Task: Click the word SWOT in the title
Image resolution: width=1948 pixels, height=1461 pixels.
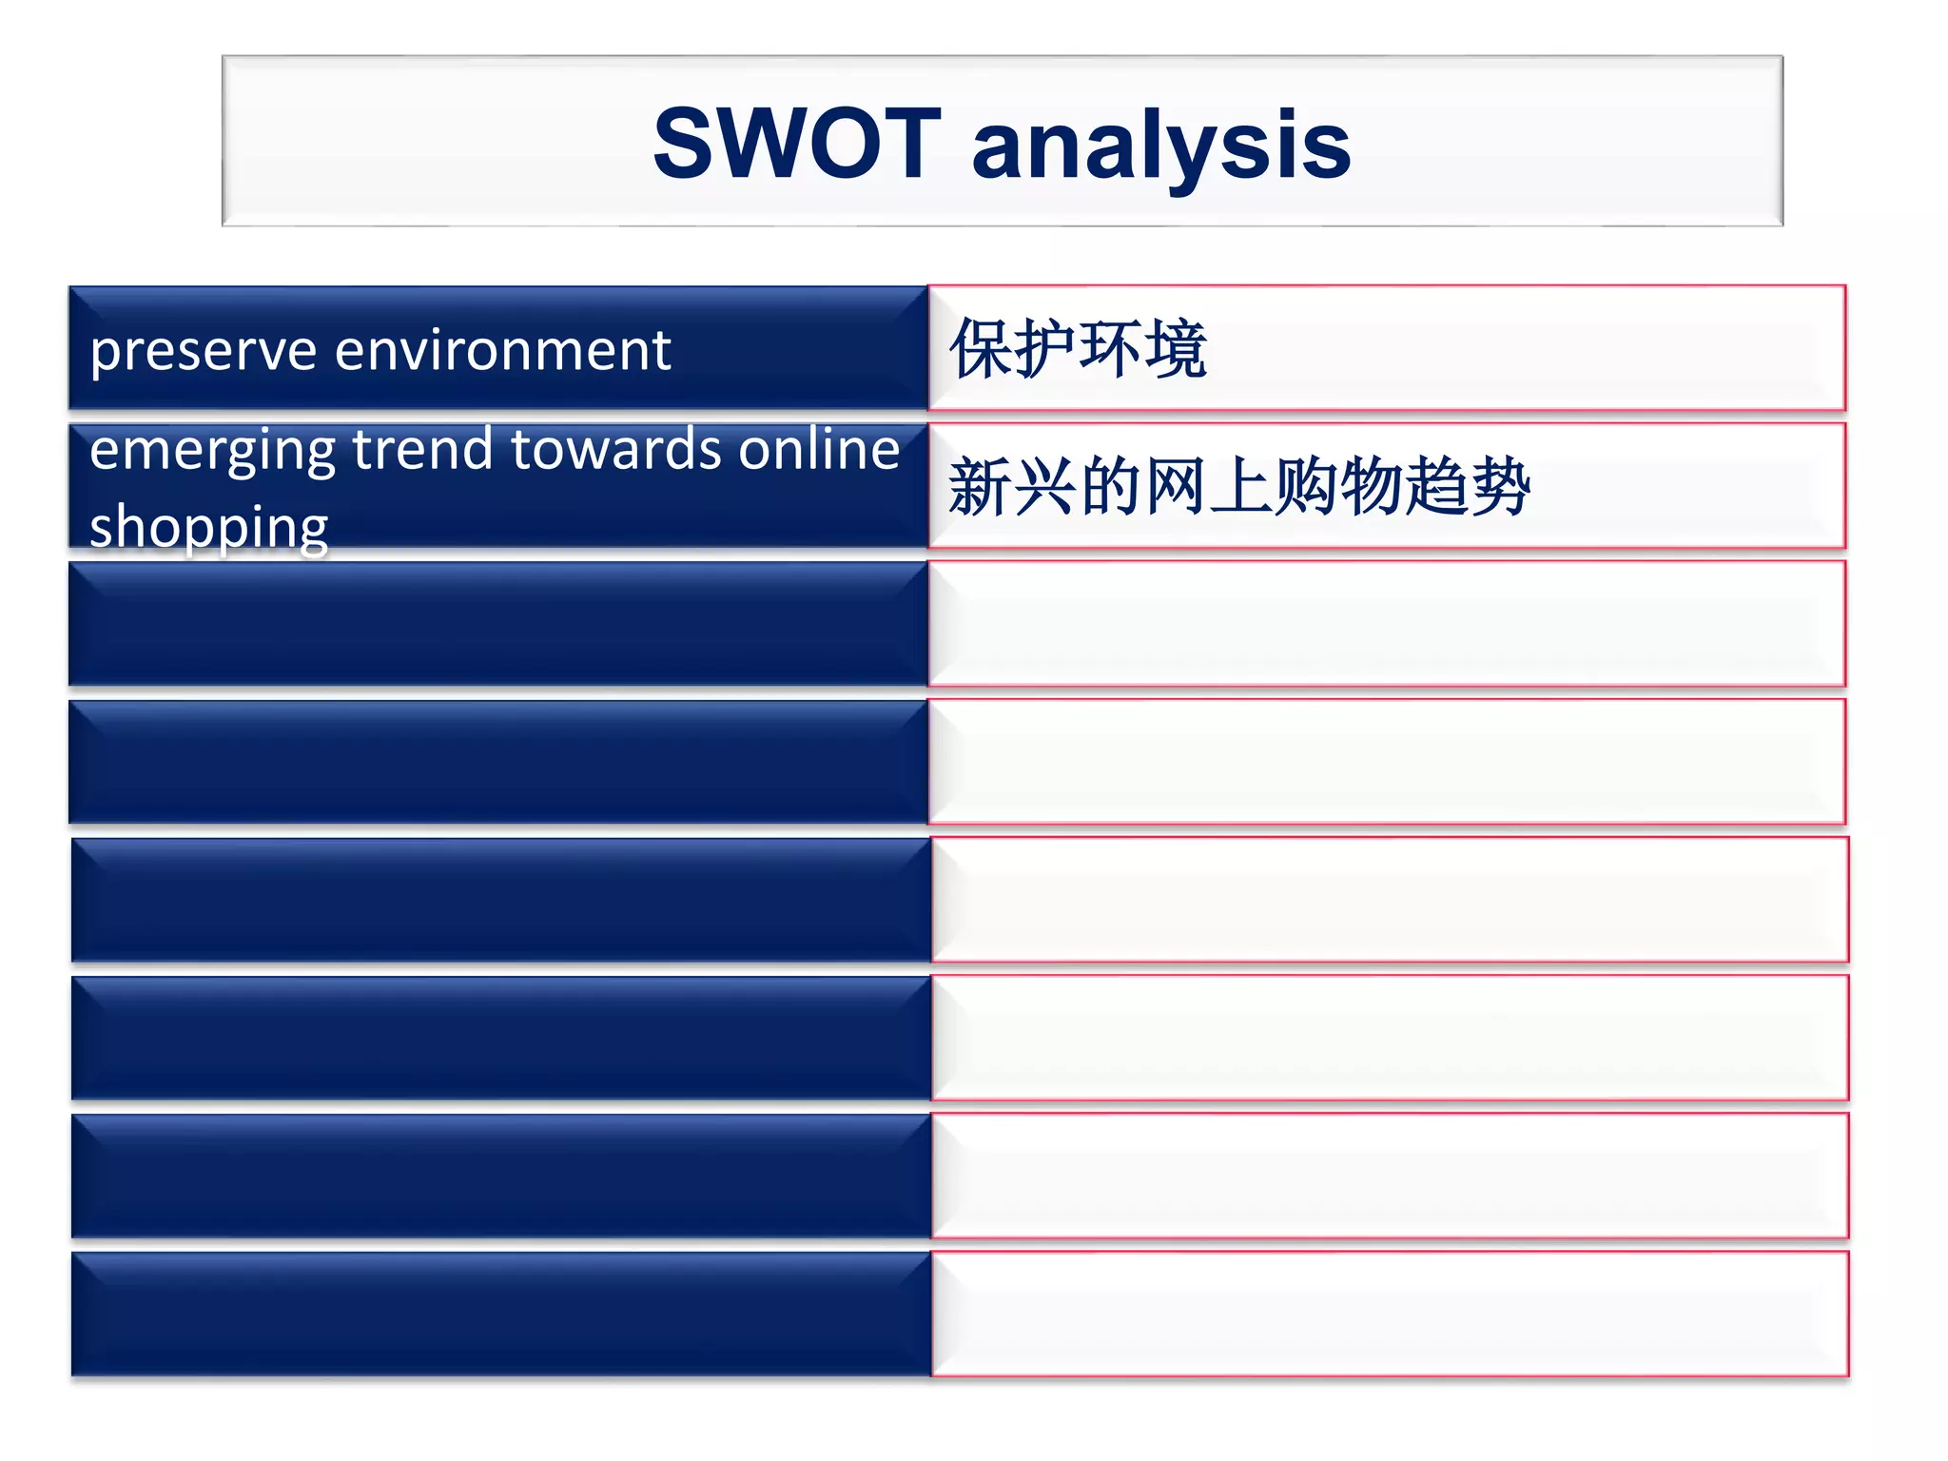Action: pos(797,144)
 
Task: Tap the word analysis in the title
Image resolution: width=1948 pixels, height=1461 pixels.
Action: pos(1160,146)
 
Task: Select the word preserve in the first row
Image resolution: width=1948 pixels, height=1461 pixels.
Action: pos(203,351)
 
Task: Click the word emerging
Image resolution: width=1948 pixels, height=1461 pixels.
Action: pos(212,450)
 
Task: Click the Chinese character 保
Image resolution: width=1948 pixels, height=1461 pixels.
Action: pos(982,349)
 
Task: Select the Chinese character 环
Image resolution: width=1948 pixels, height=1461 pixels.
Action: pos(1111,349)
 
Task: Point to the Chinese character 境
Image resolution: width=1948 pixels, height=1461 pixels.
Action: pos(1176,349)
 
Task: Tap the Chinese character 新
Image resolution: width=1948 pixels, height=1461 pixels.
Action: pos(981,487)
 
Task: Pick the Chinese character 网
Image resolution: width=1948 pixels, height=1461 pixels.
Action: pos(1176,487)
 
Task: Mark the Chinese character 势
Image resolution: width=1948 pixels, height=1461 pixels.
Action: pos(1499,487)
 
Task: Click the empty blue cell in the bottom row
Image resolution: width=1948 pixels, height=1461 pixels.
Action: pos(500,1315)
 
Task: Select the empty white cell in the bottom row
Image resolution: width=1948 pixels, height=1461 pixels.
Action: pos(1389,1315)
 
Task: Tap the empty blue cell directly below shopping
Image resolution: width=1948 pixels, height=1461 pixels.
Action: pos(498,624)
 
